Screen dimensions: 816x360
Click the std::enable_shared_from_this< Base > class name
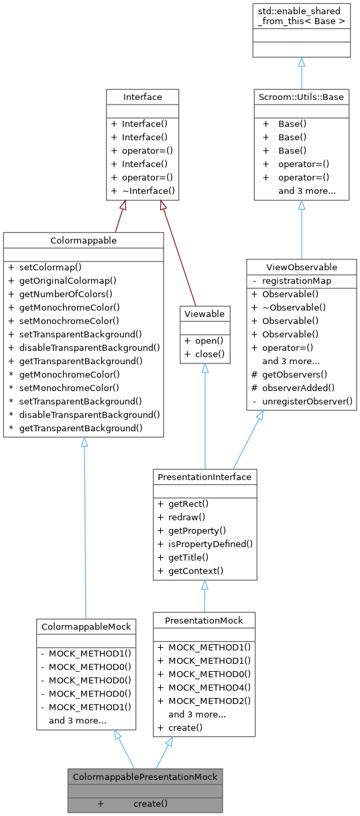[x=301, y=16]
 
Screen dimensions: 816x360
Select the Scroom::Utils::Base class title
[x=301, y=97]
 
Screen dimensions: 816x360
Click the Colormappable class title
[x=82, y=240]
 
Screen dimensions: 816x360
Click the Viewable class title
[x=204, y=313]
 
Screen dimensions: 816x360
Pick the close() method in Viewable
[x=210, y=353]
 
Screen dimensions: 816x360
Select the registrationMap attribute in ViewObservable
[x=296, y=280]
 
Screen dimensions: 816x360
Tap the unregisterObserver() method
[x=307, y=401]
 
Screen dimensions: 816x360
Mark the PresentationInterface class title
[x=204, y=477]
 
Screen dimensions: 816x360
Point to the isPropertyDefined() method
[x=210, y=544]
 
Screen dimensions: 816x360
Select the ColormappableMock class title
[x=86, y=626]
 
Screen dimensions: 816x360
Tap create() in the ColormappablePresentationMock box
[x=150, y=803]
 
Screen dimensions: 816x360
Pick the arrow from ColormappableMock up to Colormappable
[x=84, y=530]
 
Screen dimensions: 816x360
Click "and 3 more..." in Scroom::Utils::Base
[x=307, y=191]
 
